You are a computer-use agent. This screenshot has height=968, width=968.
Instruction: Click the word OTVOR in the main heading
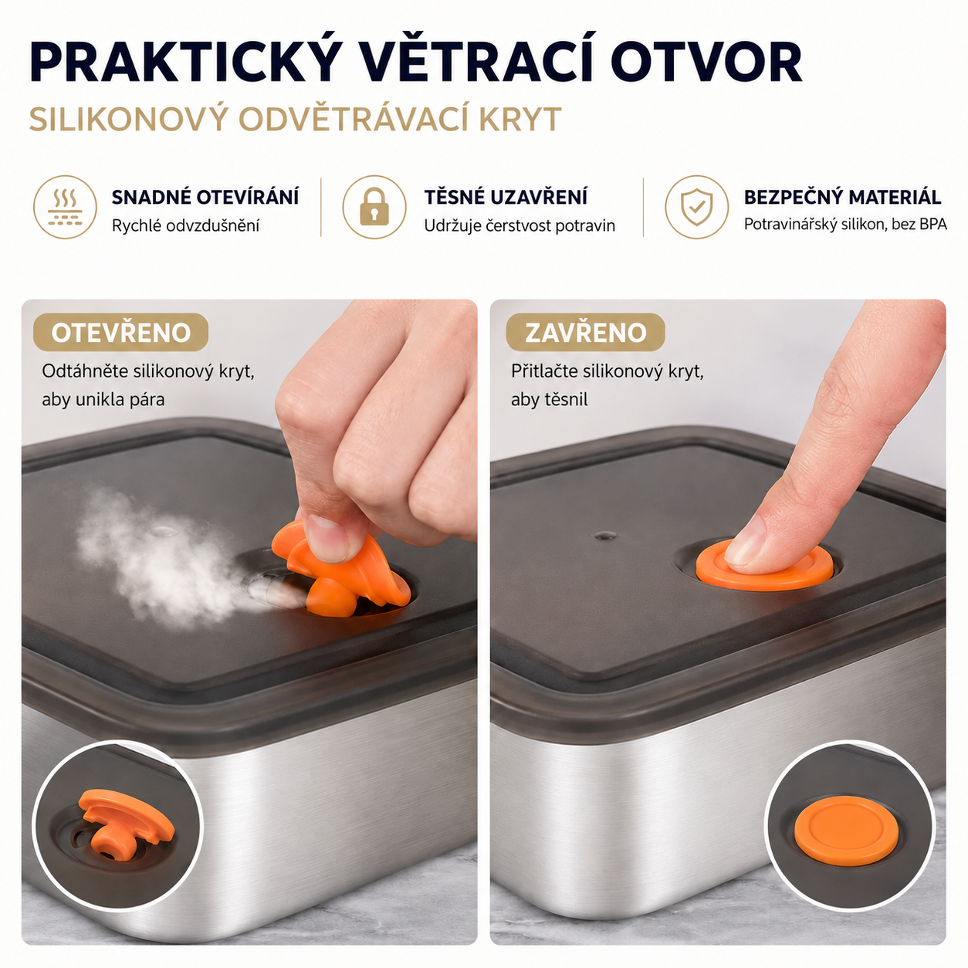click(706, 63)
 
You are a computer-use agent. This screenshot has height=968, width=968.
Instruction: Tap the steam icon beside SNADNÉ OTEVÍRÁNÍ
click(66, 206)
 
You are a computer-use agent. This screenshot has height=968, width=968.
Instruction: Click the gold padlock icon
click(374, 206)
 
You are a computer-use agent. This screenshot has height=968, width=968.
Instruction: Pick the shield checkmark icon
click(696, 206)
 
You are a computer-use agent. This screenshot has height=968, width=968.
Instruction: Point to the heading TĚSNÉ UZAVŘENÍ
click(506, 198)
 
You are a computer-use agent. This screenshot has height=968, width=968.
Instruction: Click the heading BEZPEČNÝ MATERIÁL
click(842, 197)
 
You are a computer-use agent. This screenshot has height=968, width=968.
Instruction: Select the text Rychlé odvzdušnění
click(185, 226)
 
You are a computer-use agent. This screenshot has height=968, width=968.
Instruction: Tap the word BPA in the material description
click(932, 224)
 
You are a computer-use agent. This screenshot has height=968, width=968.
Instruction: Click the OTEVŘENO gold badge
click(120, 332)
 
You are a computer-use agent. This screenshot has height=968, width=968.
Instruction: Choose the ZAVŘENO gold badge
click(585, 332)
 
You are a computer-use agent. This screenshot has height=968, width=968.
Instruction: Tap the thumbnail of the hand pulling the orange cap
click(327, 537)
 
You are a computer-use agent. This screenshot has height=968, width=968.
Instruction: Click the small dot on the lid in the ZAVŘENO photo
click(605, 536)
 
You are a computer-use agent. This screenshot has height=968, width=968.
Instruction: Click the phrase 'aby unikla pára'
click(103, 400)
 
